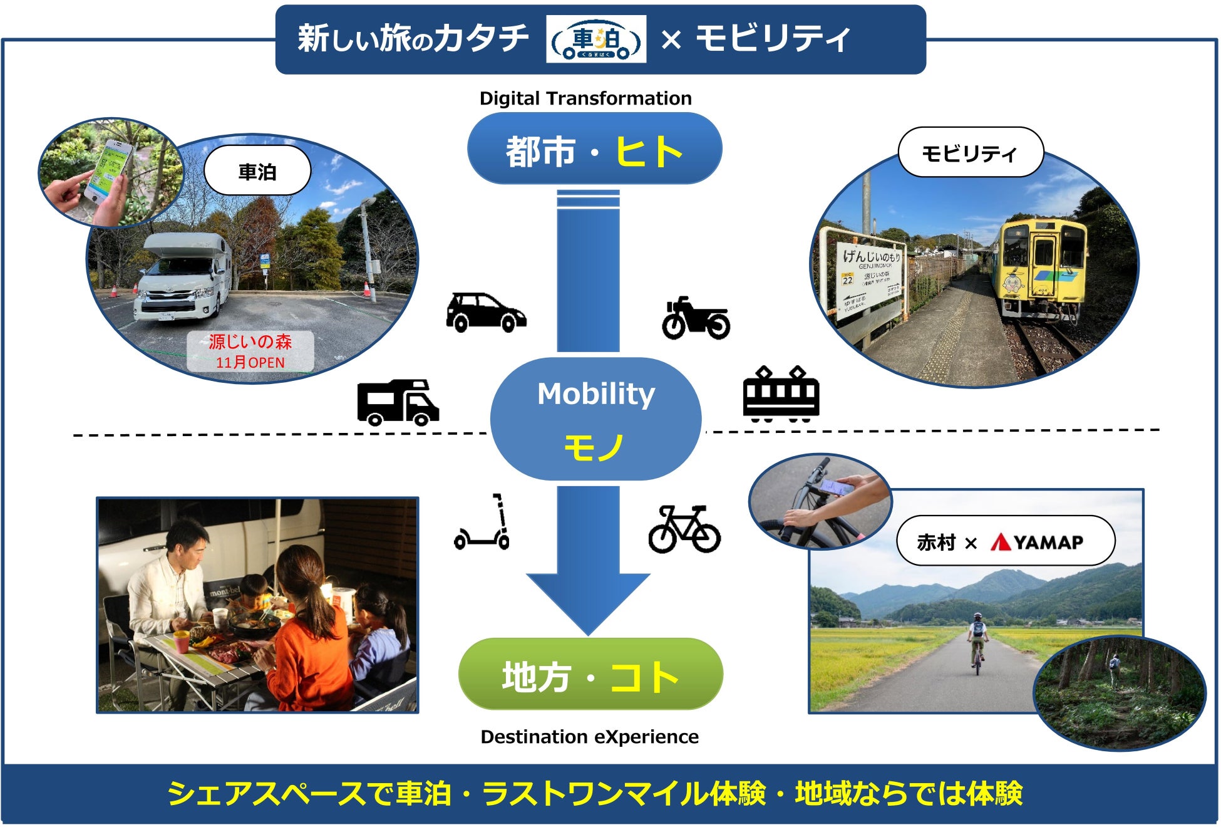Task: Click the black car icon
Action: pyautogui.click(x=485, y=311)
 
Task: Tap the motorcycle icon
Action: pyautogui.click(x=696, y=318)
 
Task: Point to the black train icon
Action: pyautogui.click(x=781, y=393)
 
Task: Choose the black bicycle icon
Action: pyautogui.click(x=684, y=529)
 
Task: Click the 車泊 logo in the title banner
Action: pyautogui.click(x=595, y=39)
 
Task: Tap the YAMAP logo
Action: pyautogui.click(x=1036, y=542)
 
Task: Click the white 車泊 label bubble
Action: pyautogui.click(x=257, y=171)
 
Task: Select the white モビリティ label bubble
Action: pyautogui.click(x=970, y=153)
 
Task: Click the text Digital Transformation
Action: pyautogui.click(x=585, y=98)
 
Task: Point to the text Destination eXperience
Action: pyautogui.click(x=589, y=737)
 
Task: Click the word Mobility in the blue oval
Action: pyautogui.click(x=596, y=394)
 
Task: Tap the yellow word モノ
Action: pyautogui.click(x=594, y=447)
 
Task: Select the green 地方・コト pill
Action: pyautogui.click(x=590, y=675)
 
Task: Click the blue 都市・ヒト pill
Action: pyautogui.click(x=594, y=149)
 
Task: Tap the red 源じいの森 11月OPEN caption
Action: pyautogui.click(x=250, y=351)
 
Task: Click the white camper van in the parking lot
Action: pyautogui.click(x=182, y=276)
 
